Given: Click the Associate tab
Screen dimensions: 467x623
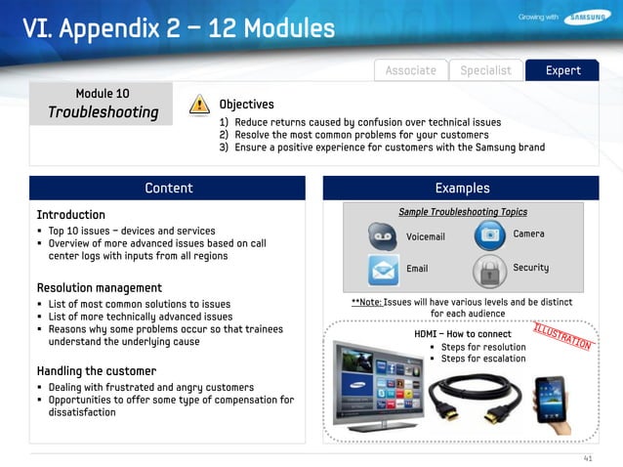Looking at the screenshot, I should coord(410,70).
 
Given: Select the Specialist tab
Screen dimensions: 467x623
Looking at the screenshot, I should coord(485,70).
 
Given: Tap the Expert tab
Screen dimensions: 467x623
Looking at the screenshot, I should coord(562,70).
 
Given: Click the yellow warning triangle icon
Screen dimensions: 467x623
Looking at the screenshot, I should coord(199,105).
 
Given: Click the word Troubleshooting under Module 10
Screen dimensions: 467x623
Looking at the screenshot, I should coord(103,112).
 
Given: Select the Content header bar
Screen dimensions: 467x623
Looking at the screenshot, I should coord(168,188).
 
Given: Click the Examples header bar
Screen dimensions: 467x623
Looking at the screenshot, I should coord(463,188).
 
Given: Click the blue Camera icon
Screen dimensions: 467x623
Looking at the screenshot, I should coord(487,235).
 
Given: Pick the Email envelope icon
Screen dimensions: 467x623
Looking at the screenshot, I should coord(383,269).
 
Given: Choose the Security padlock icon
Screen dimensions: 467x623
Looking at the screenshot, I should coord(486,270).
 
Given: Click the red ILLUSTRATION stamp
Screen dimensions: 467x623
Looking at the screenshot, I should coord(561,334).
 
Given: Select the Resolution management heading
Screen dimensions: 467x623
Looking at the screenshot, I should coord(100,288).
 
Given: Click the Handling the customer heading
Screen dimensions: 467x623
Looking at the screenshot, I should coord(96,371).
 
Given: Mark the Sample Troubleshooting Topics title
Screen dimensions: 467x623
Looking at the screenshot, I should coord(463,212).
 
